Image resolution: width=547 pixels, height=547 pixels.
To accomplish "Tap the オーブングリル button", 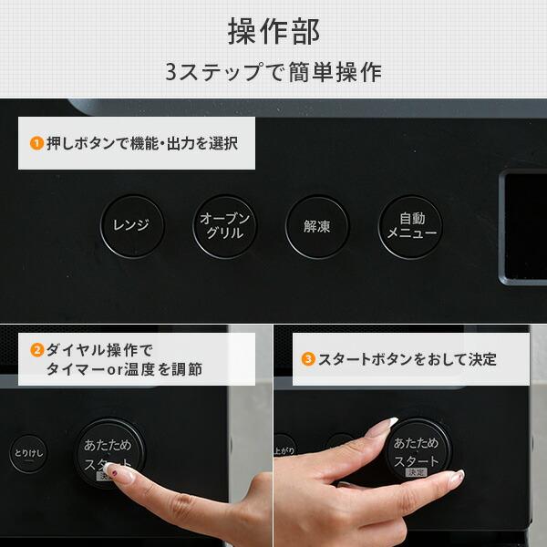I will point(222,225).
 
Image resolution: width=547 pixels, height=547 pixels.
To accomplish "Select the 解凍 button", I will point(315,225).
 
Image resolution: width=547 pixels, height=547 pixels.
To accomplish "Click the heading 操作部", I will point(273,31).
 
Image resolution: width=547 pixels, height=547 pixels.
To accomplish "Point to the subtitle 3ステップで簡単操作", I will point(273,71).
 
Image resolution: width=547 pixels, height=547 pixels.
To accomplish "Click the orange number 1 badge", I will point(36,143).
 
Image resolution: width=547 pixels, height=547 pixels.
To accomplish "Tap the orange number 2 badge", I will point(36,349).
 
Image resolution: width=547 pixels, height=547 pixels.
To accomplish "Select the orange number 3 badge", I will point(309,359).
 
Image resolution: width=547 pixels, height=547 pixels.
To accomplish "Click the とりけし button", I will point(28,452).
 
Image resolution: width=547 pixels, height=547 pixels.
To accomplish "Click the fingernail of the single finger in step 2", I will point(110,470).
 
